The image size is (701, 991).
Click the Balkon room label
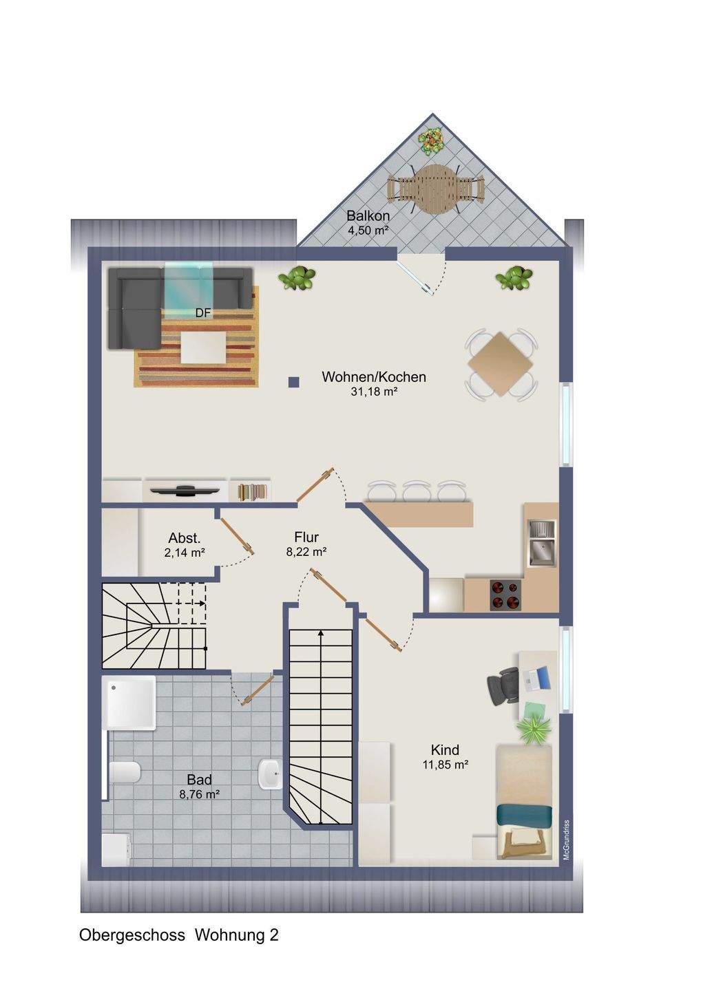point(368,216)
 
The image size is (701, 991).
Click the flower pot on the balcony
point(432,142)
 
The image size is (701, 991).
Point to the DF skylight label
point(203,313)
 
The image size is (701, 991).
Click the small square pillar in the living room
point(293,382)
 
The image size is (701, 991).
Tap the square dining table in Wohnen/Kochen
point(501,364)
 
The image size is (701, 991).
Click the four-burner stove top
point(505,595)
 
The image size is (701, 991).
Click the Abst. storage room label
point(185,538)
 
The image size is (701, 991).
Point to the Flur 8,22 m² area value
point(306,552)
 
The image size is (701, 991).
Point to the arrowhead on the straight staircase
point(320,634)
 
